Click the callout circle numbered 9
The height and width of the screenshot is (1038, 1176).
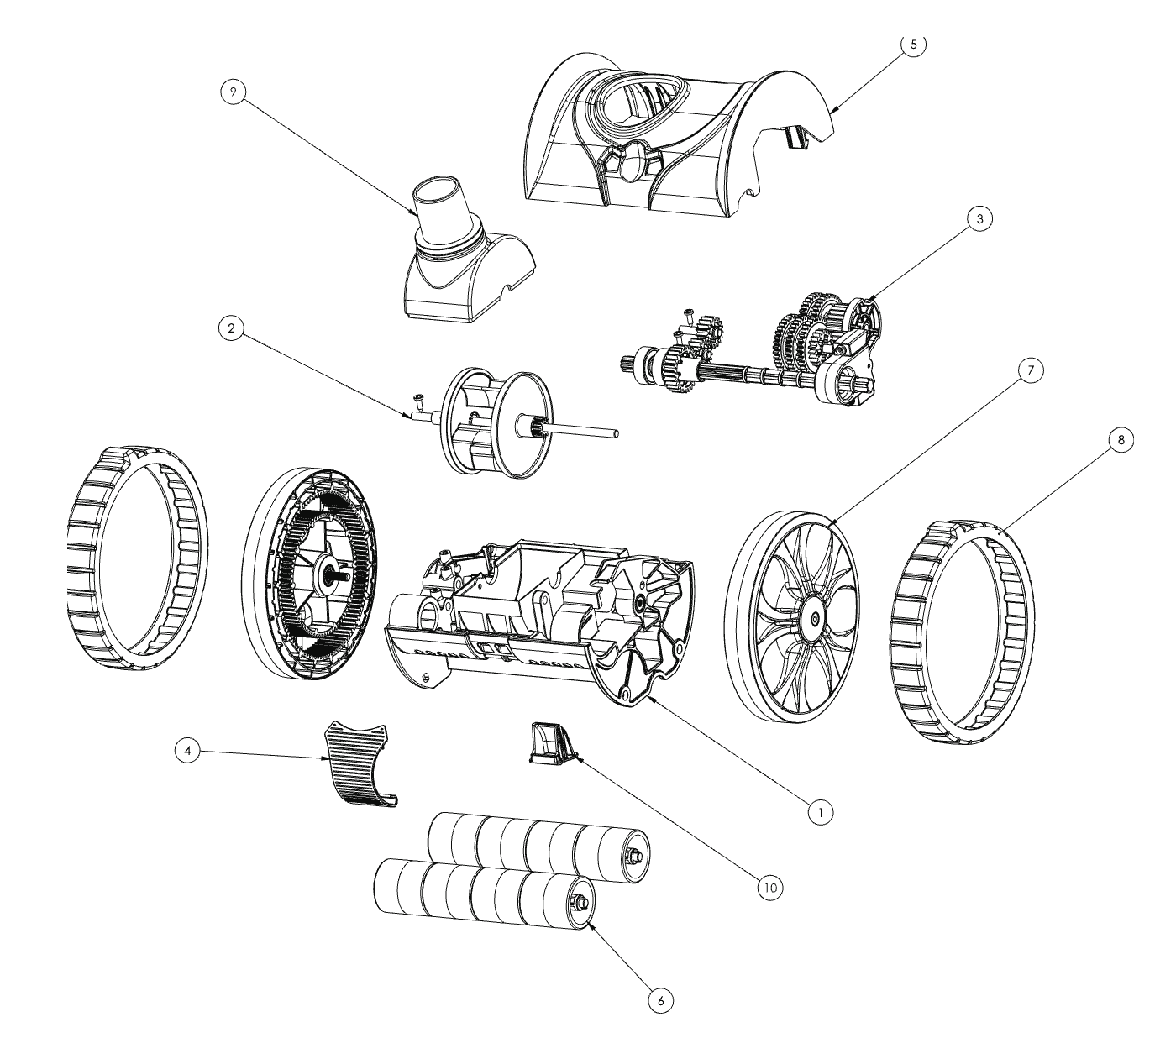pyautogui.click(x=234, y=92)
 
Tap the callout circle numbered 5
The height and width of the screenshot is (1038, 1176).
pyautogui.click(x=914, y=45)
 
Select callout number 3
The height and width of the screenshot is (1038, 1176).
pyautogui.click(x=980, y=218)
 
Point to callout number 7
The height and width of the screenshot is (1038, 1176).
pyautogui.click(x=1031, y=370)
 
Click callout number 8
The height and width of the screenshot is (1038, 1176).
pyautogui.click(x=1121, y=440)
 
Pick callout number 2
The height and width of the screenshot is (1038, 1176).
pyautogui.click(x=232, y=328)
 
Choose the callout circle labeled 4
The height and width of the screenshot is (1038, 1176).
pyautogui.click(x=187, y=751)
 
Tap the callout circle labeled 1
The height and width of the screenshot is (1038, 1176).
pyautogui.click(x=820, y=813)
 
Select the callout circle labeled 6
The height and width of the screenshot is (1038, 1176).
pyautogui.click(x=660, y=1000)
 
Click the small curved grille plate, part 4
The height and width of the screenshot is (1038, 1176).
pyautogui.click(x=359, y=763)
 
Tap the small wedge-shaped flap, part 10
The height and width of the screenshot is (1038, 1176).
pyautogui.click(x=550, y=743)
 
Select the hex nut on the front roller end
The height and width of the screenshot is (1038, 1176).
pyautogui.click(x=580, y=901)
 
